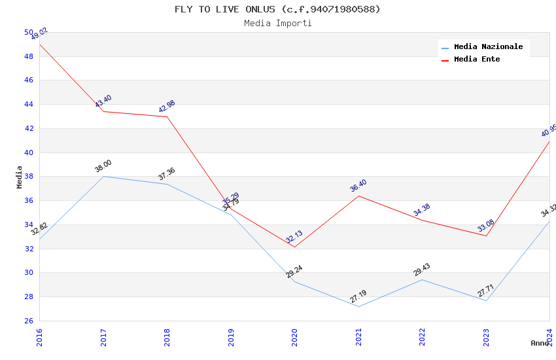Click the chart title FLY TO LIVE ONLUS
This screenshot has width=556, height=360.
click(x=277, y=9)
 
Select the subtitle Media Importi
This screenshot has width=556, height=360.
click(x=277, y=23)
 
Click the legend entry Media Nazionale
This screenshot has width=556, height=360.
click(x=488, y=47)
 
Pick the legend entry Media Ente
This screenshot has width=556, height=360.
click(x=477, y=60)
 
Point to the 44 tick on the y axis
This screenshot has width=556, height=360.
click(x=29, y=105)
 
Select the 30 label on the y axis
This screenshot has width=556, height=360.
click(x=29, y=273)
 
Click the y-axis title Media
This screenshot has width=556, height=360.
click(x=20, y=177)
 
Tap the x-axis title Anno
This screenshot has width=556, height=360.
click(x=540, y=343)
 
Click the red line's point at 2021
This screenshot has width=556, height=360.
click(x=358, y=196)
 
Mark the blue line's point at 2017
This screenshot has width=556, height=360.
click(x=103, y=176)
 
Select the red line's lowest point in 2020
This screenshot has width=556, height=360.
click(x=294, y=247)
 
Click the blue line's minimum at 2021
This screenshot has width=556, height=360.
click(x=358, y=306)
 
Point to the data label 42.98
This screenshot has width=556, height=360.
click(x=167, y=106)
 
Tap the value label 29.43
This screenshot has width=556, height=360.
click(x=422, y=270)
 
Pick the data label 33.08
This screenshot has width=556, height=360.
click(x=485, y=226)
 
